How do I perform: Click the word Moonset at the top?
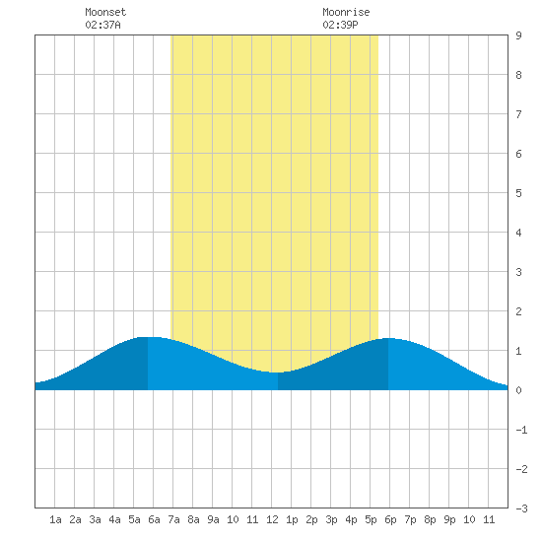[x=105, y=12]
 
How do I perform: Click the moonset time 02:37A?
[x=102, y=25]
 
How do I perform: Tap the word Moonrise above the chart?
[x=346, y=12]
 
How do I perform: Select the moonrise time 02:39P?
[x=340, y=25]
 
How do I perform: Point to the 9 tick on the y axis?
[x=518, y=35]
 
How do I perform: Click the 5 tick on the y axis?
[x=518, y=193]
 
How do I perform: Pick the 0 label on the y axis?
[x=518, y=390]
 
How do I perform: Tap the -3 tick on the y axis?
[x=521, y=508]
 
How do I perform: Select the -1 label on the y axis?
[x=521, y=430]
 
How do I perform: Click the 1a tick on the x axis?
[x=55, y=519]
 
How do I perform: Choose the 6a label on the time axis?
[x=154, y=519]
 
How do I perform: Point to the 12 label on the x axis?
[x=272, y=519]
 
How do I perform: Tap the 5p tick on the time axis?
[x=371, y=519]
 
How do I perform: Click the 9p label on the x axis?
[x=449, y=519]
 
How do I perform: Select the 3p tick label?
[x=331, y=519]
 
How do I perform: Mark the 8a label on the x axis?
[x=193, y=519]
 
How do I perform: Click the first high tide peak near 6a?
[x=148, y=337]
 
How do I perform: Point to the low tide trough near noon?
[x=275, y=373]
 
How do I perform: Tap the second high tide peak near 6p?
[x=388, y=338]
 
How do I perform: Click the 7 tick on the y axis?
[x=518, y=114]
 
